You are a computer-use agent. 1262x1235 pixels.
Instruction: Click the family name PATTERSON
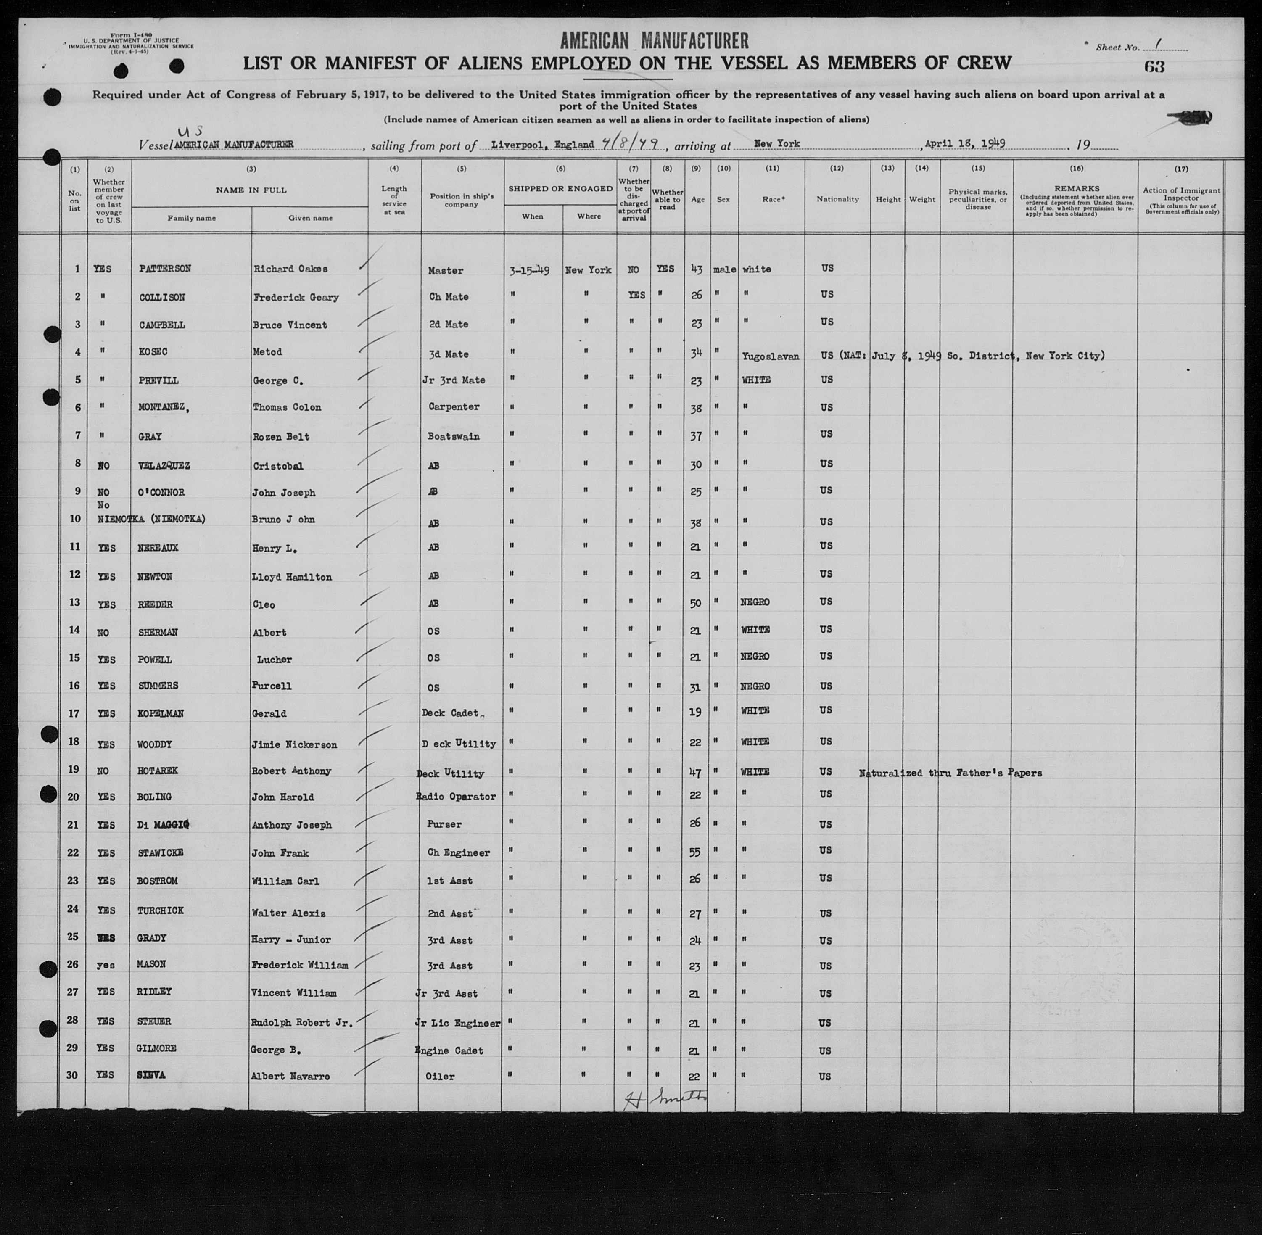(x=165, y=269)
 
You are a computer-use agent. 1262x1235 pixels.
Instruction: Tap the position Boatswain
(x=454, y=436)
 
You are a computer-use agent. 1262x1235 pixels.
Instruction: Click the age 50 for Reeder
(x=696, y=603)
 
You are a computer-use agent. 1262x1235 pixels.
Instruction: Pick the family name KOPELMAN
(x=161, y=713)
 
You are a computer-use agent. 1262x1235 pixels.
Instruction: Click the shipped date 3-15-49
(x=529, y=270)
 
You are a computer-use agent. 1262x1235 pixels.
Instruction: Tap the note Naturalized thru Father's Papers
(x=950, y=773)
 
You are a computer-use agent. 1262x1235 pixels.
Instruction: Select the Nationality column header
(x=837, y=199)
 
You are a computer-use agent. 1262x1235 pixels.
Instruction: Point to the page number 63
(x=1155, y=67)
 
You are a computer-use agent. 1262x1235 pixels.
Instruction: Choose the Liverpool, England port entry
(x=542, y=144)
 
